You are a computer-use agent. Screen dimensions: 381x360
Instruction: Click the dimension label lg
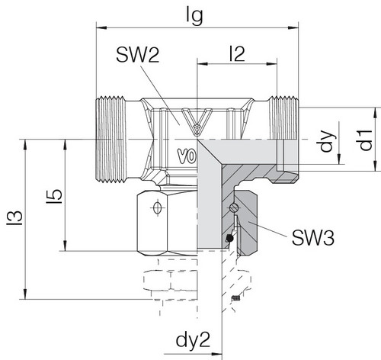194,16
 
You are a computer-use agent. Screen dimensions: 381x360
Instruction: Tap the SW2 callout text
138,56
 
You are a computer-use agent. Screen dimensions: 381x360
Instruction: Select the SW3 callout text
313,238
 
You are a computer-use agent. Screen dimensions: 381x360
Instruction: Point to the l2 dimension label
237,54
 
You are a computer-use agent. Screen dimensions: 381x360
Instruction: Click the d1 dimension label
367,140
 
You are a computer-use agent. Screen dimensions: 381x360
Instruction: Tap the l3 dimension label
14,218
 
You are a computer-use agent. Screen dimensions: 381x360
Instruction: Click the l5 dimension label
54,196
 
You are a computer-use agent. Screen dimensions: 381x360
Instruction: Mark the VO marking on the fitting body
187,156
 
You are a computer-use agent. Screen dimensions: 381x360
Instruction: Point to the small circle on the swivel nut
157,208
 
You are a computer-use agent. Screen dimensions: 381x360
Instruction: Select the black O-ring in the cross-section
229,238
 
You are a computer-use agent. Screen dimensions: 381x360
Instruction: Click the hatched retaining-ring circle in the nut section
234,207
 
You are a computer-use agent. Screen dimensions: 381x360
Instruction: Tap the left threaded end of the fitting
111,140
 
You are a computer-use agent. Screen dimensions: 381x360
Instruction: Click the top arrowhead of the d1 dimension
376,113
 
